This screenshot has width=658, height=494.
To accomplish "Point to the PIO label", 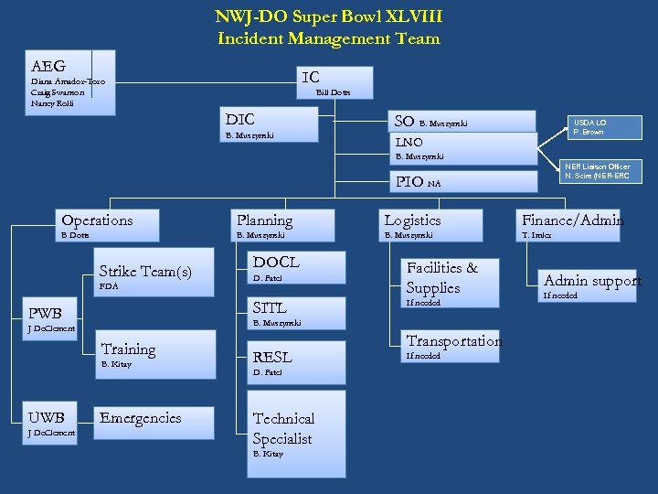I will (407, 182).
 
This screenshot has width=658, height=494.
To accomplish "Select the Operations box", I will (96, 220).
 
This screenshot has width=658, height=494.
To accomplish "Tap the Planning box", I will (264, 220).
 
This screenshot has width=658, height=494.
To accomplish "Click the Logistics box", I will (412, 220).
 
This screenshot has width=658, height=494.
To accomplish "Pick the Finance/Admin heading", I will (572, 220).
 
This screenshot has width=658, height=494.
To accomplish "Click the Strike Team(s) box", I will (145, 272).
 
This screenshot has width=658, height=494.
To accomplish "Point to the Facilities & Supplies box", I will (442, 278).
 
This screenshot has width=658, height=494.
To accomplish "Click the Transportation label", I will (453, 341).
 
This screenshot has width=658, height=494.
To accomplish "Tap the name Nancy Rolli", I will (51, 103).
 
